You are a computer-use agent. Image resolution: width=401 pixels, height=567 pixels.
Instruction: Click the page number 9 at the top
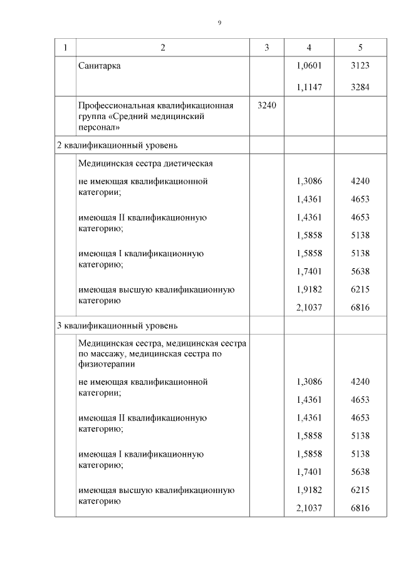pyautogui.click(x=219, y=23)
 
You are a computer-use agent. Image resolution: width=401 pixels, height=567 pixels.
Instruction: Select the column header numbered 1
pyautogui.click(x=65, y=48)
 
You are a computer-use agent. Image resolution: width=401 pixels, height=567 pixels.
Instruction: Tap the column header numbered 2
pyautogui.click(x=163, y=48)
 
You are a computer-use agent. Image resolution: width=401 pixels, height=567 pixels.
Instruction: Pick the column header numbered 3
pyautogui.click(x=267, y=48)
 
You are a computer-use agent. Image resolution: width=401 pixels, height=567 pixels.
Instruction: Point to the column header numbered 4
pyautogui.click(x=309, y=48)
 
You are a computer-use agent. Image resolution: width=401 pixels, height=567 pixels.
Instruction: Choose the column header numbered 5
pyautogui.click(x=360, y=48)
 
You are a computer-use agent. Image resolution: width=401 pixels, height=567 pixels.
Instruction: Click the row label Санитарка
pyautogui.click(x=100, y=66)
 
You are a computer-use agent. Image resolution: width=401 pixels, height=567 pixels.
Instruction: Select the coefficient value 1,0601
pyautogui.click(x=309, y=66)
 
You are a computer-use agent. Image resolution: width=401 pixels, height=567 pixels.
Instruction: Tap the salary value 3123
pyautogui.click(x=360, y=66)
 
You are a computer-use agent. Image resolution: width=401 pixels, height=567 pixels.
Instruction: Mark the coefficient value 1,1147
pyautogui.click(x=309, y=88)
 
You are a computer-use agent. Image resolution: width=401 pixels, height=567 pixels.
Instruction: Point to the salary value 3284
pyautogui.click(x=360, y=88)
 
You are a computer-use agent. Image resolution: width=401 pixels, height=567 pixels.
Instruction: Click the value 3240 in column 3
pyautogui.click(x=267, y=105)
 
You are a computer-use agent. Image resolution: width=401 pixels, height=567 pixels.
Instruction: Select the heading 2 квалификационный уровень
pyautogui.click(x=117, y=146)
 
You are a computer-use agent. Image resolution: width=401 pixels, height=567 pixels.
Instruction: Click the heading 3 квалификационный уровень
pyautogui.click(x=117, y=326)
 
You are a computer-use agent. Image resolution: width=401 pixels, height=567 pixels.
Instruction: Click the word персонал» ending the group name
pyautogui.click(x=98, y=127)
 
